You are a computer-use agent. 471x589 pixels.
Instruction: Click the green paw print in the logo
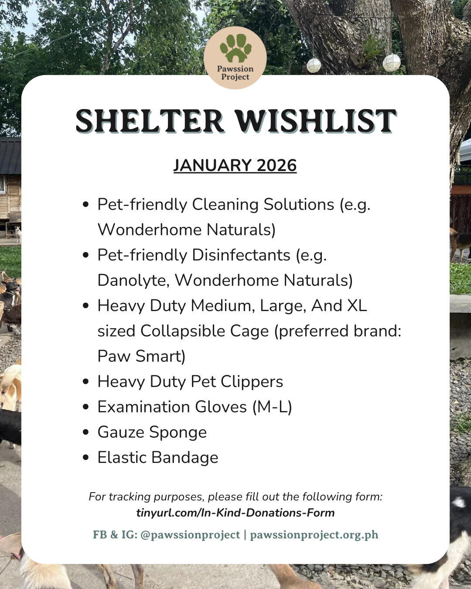235,48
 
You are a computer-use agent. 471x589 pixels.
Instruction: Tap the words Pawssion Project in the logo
235,73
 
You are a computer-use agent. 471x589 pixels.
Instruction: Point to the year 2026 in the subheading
276,166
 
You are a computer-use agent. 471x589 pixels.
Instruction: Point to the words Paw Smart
141,356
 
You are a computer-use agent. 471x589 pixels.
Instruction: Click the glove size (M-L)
272,407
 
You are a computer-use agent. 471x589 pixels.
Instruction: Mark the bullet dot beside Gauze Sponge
86,432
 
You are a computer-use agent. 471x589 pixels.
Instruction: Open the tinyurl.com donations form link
235,513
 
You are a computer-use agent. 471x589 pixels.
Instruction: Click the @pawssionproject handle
190,535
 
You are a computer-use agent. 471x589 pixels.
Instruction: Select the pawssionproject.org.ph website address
314,535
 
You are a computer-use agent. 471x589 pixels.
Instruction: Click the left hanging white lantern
314,65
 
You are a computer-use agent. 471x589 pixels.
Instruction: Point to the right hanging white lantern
391,63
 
